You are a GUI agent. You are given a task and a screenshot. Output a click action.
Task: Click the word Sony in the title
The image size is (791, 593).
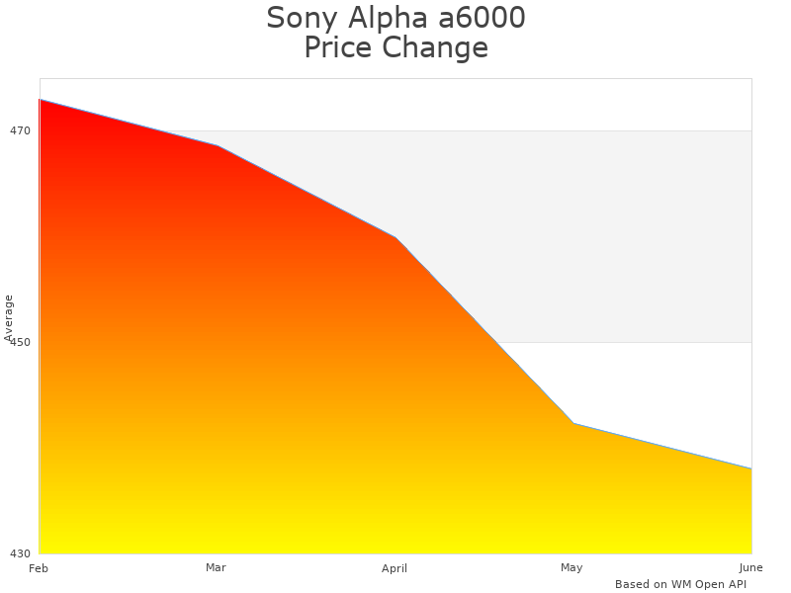[299, 18]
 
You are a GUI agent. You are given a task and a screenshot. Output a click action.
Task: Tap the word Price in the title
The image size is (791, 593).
[337, 47]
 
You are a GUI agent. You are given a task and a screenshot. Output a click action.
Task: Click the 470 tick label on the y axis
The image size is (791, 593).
[21, 130]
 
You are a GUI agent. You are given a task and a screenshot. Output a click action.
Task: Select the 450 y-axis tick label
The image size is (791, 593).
[21, 342]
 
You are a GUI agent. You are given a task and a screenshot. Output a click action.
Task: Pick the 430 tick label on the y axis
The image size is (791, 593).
[21, 553]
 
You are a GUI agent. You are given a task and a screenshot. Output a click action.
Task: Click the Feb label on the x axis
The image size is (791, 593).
[39, 568]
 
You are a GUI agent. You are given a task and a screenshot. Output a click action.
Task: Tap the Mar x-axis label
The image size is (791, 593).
[216, 567]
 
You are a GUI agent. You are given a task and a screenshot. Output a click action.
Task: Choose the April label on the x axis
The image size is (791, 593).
[395, 568]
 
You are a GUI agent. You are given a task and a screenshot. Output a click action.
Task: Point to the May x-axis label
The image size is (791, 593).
[571, 567]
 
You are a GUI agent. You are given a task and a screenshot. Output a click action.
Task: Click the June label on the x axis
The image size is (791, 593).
[750, 567]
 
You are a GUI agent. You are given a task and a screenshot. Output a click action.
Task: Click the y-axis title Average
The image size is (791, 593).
[9, 318]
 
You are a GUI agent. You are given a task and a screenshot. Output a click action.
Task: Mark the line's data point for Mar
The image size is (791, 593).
[218, 146]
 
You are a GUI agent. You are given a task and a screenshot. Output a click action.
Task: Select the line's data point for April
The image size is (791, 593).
[395, 237]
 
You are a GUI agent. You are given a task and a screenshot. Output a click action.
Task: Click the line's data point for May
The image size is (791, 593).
[573, 423]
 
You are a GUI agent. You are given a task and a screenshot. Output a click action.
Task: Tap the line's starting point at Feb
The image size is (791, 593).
[40, 99]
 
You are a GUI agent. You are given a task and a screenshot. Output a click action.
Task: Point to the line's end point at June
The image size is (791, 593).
[751, 468]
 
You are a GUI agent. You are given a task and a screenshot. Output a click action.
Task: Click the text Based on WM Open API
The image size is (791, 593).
[680, 584]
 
